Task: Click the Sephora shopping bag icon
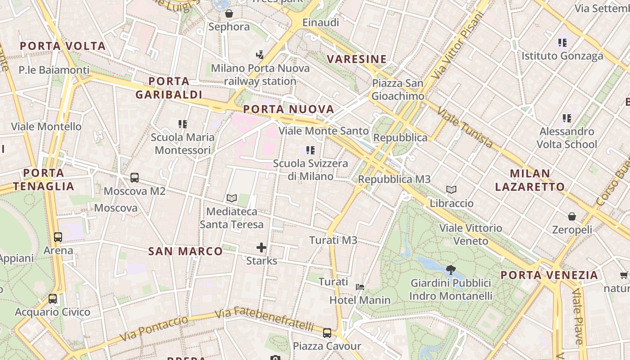point(229,14)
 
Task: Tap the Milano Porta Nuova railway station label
point(260,75)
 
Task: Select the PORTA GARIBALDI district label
point(169,88)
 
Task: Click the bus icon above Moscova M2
point(135,178)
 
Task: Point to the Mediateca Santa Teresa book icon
point(232,198)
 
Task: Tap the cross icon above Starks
point(261,247)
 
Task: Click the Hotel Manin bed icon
point(360,287)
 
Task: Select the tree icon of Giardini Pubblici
point(450,270)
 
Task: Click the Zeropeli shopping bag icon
point(572,217)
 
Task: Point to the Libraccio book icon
point(451,190)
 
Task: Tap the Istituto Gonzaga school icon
point(562,43)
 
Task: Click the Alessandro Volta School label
point(567,138)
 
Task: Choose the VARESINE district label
point(357,59)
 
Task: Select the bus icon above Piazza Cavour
point(327,333)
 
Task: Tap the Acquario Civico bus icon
point(53,299)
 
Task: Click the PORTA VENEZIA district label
point(549,275)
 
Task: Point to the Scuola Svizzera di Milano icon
point(310,150)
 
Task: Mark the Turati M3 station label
point(333,240)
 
